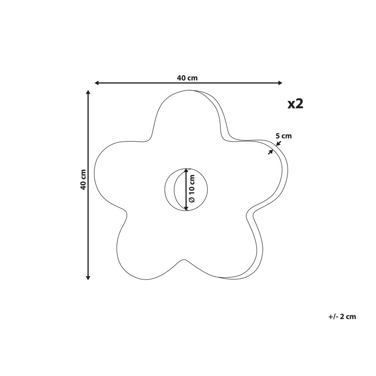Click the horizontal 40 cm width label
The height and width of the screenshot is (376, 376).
(x=187, y=78)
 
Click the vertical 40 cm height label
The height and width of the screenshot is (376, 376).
(x=83, y=180)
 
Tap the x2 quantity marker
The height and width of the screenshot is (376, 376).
(x=296, y=104)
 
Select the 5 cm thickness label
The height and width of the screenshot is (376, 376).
(x=283, y=136)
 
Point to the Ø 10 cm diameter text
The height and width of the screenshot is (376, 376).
(x=192, y=188)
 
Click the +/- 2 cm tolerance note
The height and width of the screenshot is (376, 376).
(x=342, y=316)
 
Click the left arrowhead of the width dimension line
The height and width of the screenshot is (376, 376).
(x=97, y=83)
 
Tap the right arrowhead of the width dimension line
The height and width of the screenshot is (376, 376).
(x=280, y=83)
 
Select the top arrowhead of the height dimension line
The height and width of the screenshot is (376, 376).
(x=88, y=93)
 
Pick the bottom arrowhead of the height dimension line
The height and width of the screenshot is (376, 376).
(x=88, y=278)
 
